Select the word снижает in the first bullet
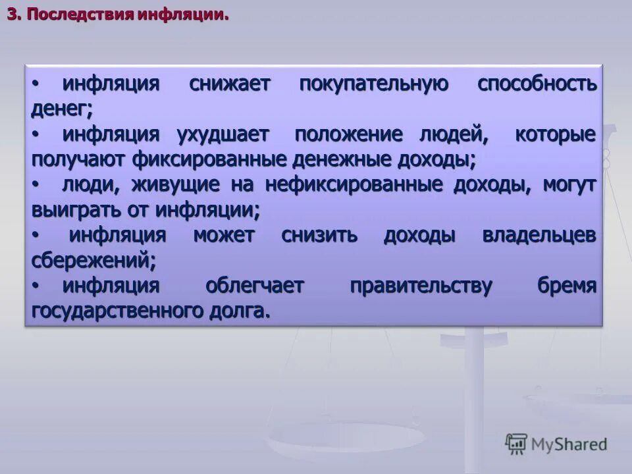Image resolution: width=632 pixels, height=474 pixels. pyautogui.click(x=229, y=84)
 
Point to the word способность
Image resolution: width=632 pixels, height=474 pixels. pyautogui.click(x=537, y=84)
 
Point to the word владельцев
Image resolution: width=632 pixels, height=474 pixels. pyautogui.click(x=539, y=236)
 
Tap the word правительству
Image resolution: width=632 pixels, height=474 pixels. pyautogui.click(x=421, y=286)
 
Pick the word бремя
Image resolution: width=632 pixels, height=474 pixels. pyautogui.click(x=567, y=286)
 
